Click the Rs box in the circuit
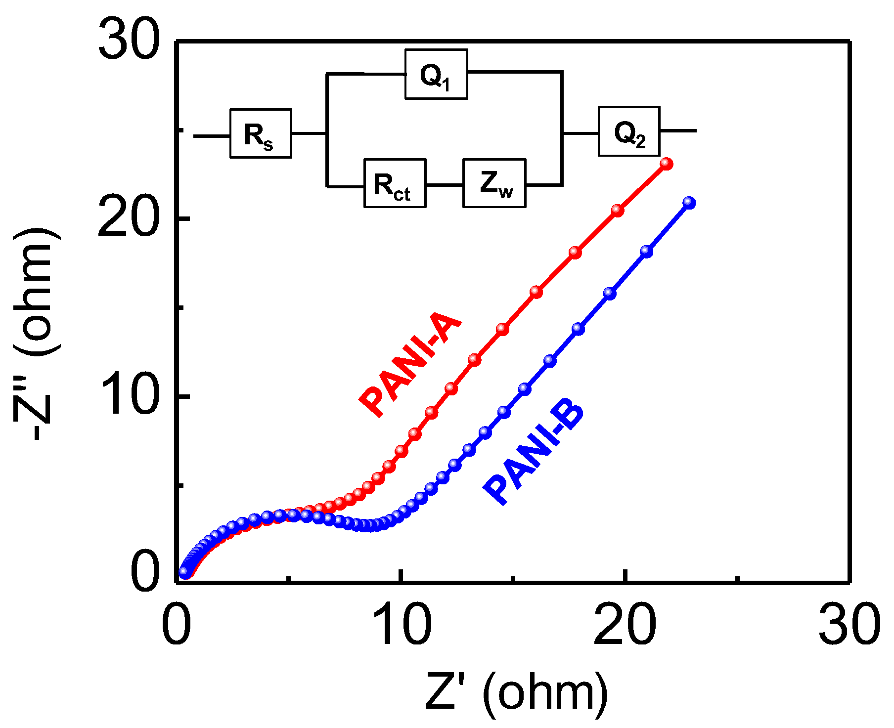coord(260,133)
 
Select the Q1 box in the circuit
coord(436,74)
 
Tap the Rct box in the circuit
coord(395,183)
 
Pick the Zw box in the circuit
coord(494,183)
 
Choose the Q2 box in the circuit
coord(628,131)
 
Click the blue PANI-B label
coord(533,454)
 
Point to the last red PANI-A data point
coord(667,164)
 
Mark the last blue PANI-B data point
coord(689,203)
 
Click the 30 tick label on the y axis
coord(130,41)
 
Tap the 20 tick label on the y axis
coord(130,218)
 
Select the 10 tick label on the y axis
coord(130,397)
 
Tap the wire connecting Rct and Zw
coord(444,184)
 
